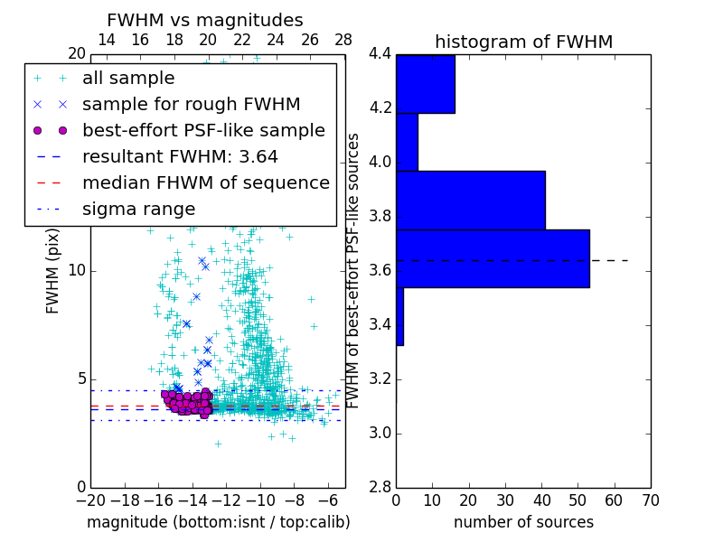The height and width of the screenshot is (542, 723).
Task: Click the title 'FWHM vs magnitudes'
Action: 204,20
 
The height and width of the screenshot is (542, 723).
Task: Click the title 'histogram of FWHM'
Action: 523,42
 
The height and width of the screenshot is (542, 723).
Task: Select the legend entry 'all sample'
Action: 128,79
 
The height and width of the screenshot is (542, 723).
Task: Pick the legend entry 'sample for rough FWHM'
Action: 191,105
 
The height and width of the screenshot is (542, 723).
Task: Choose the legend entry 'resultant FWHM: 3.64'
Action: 180,157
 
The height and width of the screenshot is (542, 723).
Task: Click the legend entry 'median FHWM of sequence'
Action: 205,183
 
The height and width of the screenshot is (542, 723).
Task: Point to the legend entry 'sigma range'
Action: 138,210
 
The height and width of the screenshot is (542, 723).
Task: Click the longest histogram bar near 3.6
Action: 493,258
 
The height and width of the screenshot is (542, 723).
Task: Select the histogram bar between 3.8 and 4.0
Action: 470,200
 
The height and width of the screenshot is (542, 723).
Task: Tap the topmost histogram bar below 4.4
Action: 425,84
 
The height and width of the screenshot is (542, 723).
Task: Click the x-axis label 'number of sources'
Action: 523,522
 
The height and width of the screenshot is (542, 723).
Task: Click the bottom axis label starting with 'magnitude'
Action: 218,522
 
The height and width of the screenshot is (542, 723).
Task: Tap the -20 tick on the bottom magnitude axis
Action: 90,499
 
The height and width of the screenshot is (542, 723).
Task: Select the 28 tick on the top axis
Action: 343,40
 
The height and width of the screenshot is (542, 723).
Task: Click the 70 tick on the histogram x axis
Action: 650,499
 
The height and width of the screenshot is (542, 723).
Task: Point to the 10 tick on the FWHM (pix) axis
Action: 78,271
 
